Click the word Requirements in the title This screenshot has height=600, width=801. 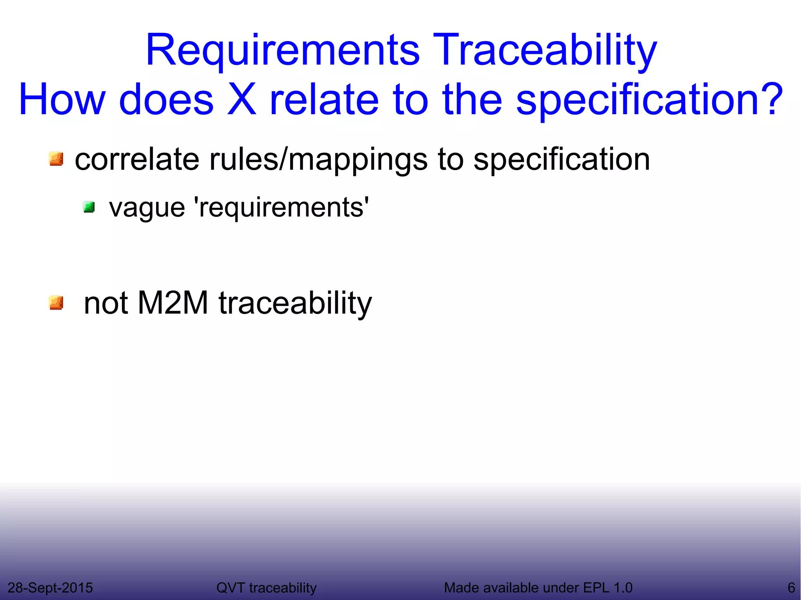coord(282,51)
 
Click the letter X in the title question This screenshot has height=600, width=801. coord(241,100)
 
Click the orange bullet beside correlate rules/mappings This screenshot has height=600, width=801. coord(56,159)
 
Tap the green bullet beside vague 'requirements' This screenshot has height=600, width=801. coord(89,207)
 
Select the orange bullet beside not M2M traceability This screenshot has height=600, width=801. coord(56,303)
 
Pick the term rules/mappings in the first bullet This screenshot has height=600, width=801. coord(318,160)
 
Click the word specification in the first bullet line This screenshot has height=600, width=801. coord(562,160)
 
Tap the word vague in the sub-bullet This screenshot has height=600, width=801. coord(147,208)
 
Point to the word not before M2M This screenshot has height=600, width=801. coord(106,304)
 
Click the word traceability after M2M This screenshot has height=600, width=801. coord(295,304)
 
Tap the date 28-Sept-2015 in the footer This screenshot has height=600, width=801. coord(50,587)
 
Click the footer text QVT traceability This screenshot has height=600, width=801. coord(266,587)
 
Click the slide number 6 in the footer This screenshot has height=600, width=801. coord(791,587)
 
